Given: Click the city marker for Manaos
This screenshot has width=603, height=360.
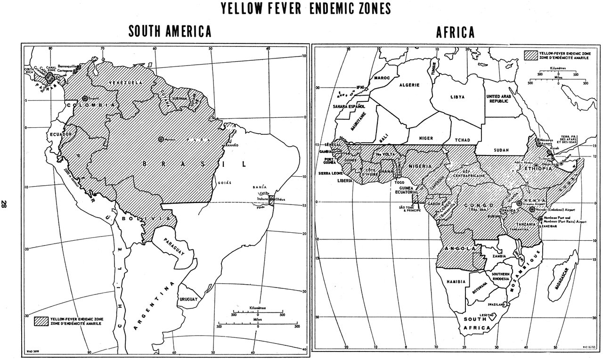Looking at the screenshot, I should point(161,139).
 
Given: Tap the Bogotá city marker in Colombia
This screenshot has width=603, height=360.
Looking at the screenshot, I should point(85,98).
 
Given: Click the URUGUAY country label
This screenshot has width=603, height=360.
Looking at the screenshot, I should point(188,299).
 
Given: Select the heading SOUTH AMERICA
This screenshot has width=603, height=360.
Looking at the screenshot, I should point(170,32).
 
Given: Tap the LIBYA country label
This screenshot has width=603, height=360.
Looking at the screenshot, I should point(457,97).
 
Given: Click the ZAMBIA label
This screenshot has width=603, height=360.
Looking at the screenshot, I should point(499,256).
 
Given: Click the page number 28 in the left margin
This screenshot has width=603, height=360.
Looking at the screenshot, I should point(4,204).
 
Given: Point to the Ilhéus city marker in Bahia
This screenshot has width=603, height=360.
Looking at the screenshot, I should point(272,199).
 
